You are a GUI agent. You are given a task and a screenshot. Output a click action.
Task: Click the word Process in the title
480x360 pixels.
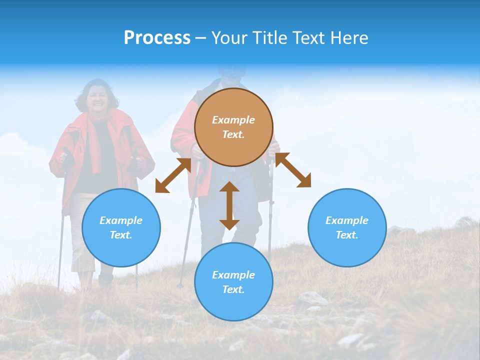coord(157,38)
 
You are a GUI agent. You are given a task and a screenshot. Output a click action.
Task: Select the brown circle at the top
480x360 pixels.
coord(233,127)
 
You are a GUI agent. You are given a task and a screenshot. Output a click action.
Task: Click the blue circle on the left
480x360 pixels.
coord(121,227)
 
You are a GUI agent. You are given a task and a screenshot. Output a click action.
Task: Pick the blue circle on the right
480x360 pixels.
coord(347,227)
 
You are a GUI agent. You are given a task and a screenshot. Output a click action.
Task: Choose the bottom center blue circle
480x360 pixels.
coord(233,281)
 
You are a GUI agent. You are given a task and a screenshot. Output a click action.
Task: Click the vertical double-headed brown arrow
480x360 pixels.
coord(229,205)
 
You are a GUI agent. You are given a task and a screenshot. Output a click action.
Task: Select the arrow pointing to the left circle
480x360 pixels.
coord(173,175)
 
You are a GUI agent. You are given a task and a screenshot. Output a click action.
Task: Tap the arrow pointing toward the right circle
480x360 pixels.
coord(293,170)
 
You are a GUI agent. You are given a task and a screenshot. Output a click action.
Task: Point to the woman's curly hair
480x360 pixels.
coord(82,95)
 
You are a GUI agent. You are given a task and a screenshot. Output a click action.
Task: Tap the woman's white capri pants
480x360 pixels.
coord(80,240)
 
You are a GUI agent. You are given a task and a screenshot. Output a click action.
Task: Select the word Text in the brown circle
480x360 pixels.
coord(233,134)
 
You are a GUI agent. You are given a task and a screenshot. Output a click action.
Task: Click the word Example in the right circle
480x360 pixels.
coord(347,220)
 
